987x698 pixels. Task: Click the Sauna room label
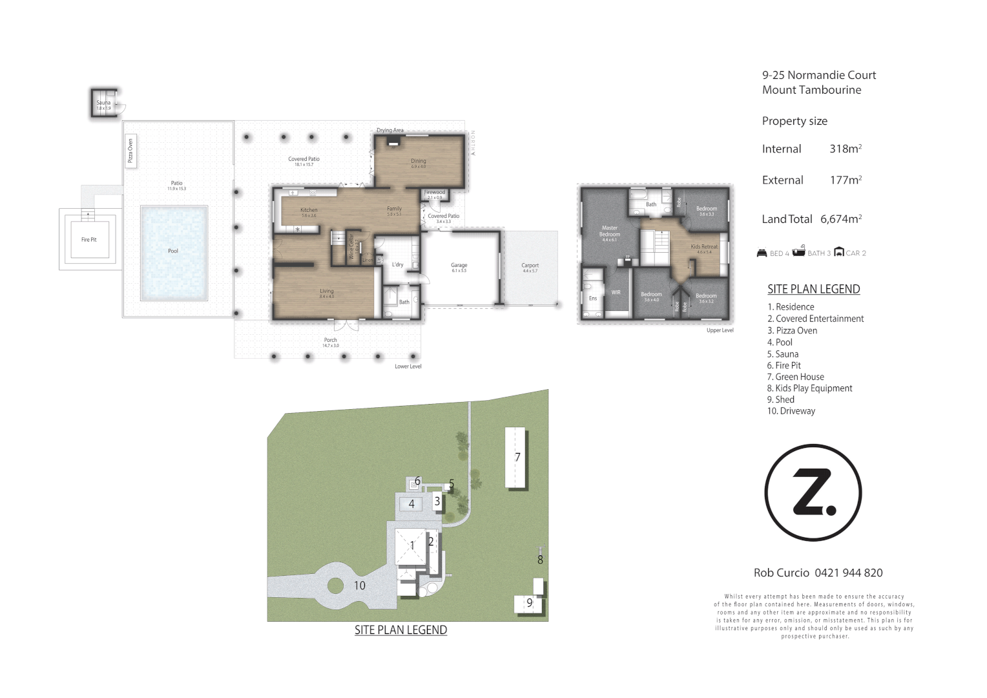[103, 103]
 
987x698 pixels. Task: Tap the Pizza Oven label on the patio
[130, 151]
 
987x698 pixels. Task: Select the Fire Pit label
[88, 240]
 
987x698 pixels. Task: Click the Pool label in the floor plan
[173, 251]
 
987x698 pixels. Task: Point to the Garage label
[459, 266]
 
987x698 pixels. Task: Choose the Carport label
[530, 266]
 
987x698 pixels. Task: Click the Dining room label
[419, 162]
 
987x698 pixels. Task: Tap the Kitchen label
[309, 210]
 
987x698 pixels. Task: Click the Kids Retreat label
[704, 247]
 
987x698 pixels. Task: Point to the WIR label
[616, 292]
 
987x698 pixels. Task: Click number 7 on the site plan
[517, 457]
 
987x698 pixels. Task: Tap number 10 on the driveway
[359, 586]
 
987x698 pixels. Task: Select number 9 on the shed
[529, 603]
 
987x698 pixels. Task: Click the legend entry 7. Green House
[795, 377]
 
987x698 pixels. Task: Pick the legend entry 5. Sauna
[783, 354]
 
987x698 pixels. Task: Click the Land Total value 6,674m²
[841, 219]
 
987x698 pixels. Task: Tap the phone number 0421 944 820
[848, 573]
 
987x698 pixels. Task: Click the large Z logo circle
[813, 492]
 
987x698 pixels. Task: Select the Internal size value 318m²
[846, 149]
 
